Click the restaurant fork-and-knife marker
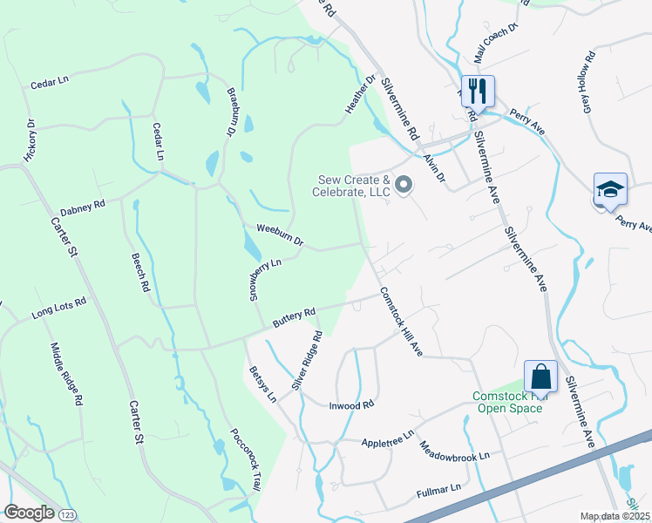click(x=478, y=89)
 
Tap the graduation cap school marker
click(x=610, y=188)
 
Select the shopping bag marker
click(x=540, y=377)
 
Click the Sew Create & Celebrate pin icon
click(x=403, y=185)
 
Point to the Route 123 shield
click(x=68, y=514)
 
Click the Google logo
click(x=28, y=513)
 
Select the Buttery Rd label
click(x=293, y=317)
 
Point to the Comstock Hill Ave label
click(x=400, y=322)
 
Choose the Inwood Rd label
click(x=351, y=404)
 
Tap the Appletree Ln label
click(x=387, y=435)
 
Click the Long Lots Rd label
click(x=59, y=308)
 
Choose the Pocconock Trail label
click(x=245, y=459)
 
